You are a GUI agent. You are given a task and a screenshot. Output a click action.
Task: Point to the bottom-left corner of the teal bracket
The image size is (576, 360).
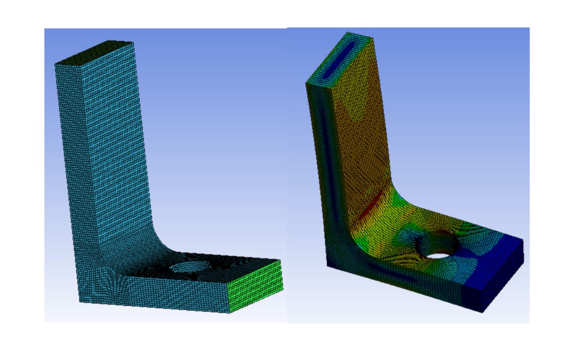coord(79,300)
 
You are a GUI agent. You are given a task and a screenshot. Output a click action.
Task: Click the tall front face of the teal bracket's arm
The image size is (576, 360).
coord(77,164)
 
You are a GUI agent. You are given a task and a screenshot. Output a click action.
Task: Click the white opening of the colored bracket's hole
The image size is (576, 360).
coord(439,256)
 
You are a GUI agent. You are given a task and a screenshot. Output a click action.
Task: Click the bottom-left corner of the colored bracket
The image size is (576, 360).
coord(327,266)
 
